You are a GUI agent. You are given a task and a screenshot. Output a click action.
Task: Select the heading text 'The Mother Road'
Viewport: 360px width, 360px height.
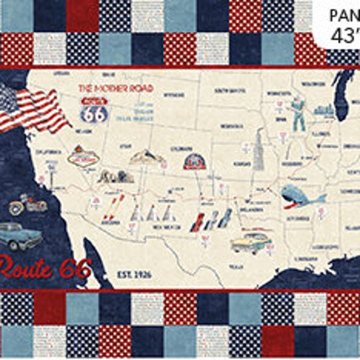tap(116, 88)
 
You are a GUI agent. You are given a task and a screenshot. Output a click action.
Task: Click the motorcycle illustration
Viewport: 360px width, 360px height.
tap(28, 205)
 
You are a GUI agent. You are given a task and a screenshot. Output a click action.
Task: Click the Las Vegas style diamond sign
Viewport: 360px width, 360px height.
tap(83, 157)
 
